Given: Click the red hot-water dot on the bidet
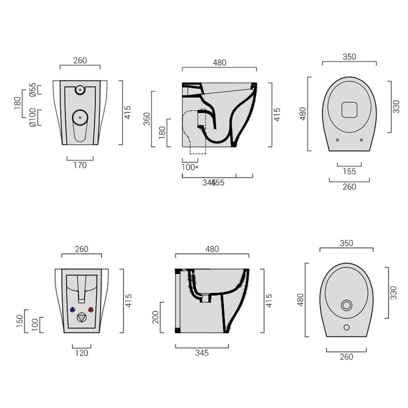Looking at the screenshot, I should click(x=91, y=310).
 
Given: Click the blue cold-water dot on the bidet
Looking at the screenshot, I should click(x=72, y=310).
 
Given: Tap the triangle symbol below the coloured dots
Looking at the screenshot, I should click(x=82, y=317).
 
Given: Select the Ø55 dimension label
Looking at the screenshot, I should click(x=32, y=90).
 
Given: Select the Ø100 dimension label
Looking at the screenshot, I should click(x=32, y=117).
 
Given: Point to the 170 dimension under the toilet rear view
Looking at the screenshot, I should click(x=80, y=165).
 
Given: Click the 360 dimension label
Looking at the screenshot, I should click(x=146, y=118).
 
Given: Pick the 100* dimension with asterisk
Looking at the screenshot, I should click(x=190, y=167).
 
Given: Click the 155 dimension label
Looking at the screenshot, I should click(x=349, y=171).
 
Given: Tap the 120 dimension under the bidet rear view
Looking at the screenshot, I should click(x=82, y=352).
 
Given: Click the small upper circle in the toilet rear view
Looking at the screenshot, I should click(x=80, y=90).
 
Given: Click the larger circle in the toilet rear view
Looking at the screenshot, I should click(x=80, y=117).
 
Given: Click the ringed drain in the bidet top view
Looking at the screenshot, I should click(x=346, y=305).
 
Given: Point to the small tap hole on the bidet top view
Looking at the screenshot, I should click(x=346, y=327).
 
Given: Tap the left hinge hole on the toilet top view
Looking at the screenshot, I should click(x=337, y=139).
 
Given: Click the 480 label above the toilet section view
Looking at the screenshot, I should click(x=219, y=63).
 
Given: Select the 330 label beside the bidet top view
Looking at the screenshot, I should click(x=393, y=293).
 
